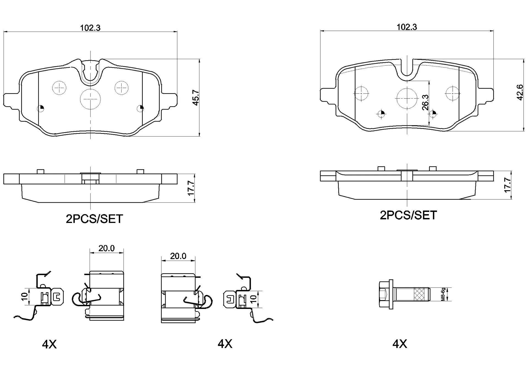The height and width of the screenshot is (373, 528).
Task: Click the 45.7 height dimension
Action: [x=196, y=97]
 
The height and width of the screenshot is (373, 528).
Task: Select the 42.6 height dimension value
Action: [x=519, y=92]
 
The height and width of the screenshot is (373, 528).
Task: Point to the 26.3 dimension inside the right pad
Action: [x=425, y=102]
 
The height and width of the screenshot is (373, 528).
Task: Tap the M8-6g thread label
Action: [x=443, y=294]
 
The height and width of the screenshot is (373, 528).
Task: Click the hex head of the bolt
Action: [x=385, y=294]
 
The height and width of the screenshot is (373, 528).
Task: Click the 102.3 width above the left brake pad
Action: [x=90, y=28]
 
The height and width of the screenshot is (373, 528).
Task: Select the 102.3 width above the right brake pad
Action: [x=406, y=27]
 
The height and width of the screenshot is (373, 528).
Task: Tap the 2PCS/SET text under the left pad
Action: [x=94, y=219]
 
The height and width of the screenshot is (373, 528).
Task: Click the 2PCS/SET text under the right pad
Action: [x=408, y=215]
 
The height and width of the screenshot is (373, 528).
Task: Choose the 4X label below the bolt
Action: [x=400, y=344]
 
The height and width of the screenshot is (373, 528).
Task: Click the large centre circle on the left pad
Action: [x=90, y=99]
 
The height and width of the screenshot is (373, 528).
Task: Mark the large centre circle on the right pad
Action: [x=407, y=98]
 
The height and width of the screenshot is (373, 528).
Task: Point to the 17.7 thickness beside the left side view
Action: [x=191, y=188]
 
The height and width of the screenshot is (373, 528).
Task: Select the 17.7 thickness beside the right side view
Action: [x=507, y=185]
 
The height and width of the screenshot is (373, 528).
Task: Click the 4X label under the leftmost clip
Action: [x=49, y=344]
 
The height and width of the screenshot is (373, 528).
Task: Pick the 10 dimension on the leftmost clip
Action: [x=24, y=296]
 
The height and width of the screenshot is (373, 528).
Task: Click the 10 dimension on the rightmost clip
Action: [x=254, y=299]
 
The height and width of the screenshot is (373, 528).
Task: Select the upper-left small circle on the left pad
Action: [x=59, y=88]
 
